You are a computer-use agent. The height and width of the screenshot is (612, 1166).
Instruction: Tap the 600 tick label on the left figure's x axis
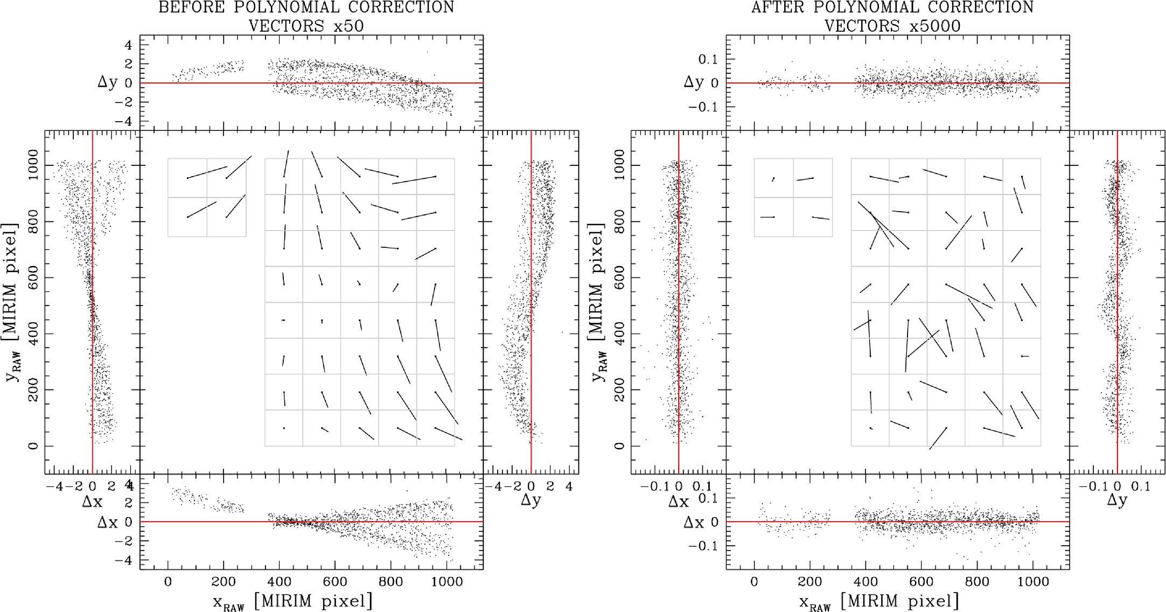click(334, 582)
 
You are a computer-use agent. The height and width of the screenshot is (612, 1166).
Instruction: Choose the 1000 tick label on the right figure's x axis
click(1032, 582)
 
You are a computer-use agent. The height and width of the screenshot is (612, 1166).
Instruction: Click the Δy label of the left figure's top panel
click(108, 82)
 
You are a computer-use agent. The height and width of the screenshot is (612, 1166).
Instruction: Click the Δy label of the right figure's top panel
click(694, 82)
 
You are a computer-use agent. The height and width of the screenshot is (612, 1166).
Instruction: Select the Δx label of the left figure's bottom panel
click(108, 521)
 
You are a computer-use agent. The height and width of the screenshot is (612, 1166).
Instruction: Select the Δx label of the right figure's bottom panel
click(694, 521)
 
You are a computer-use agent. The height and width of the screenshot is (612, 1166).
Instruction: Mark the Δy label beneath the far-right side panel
click(1117, 500)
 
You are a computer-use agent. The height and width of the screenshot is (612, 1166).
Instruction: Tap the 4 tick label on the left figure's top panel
click(128, 45)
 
